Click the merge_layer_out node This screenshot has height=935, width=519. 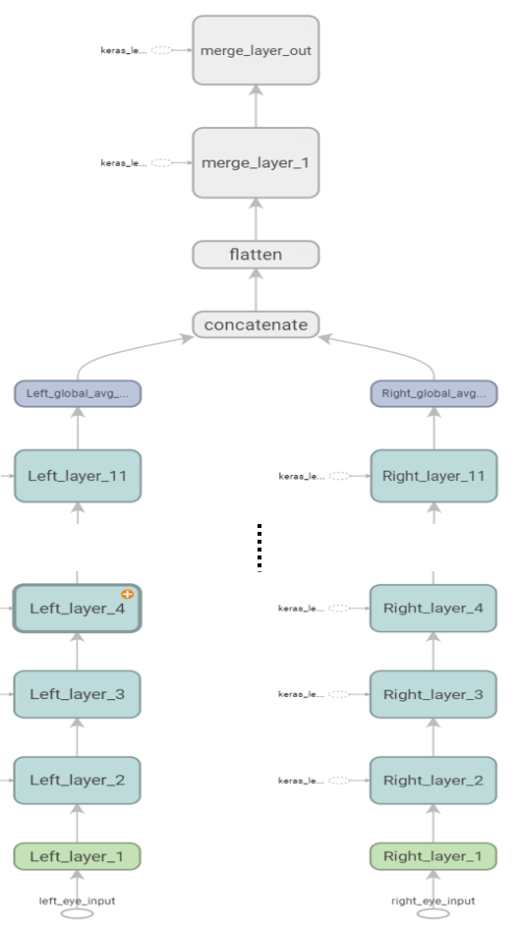[256, 49]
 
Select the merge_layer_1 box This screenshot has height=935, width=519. [256, 162]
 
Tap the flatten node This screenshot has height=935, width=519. [256, 255]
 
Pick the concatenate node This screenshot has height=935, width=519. [256, 324]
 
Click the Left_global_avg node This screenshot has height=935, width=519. [78, 393]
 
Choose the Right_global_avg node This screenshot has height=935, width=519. [433, 393]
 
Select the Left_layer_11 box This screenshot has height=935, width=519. [78, 476]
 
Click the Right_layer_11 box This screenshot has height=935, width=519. [433, 476]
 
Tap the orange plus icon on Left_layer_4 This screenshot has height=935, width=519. [127, 594]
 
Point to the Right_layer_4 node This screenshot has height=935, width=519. [433, 609]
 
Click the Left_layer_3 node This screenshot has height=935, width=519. [78, 694]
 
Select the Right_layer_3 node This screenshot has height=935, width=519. [433, 694]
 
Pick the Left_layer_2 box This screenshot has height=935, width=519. [78, 780]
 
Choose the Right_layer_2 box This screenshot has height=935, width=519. [433, 780]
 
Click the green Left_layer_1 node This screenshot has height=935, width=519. [78, 856]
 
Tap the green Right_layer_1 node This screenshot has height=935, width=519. [433, 856]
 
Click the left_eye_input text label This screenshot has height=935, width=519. [78, 901]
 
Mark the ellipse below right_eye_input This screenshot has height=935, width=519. [433, 914]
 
